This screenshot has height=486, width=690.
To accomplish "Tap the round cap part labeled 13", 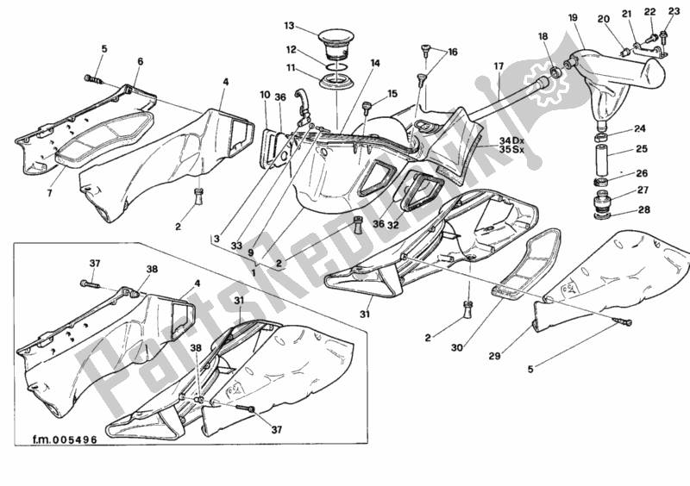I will click(333, 41).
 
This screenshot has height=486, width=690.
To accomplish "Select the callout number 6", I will click(140, 61).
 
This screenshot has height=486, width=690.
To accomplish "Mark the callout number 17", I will click(499, 66).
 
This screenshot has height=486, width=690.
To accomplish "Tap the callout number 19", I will click(573, 17).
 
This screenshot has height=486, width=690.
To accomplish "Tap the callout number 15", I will click(393, 93).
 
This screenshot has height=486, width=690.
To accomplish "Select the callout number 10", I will click(265, 95).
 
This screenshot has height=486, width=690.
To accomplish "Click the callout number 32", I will click(392, 225).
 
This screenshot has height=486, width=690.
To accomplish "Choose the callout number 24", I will click(639, 130).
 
